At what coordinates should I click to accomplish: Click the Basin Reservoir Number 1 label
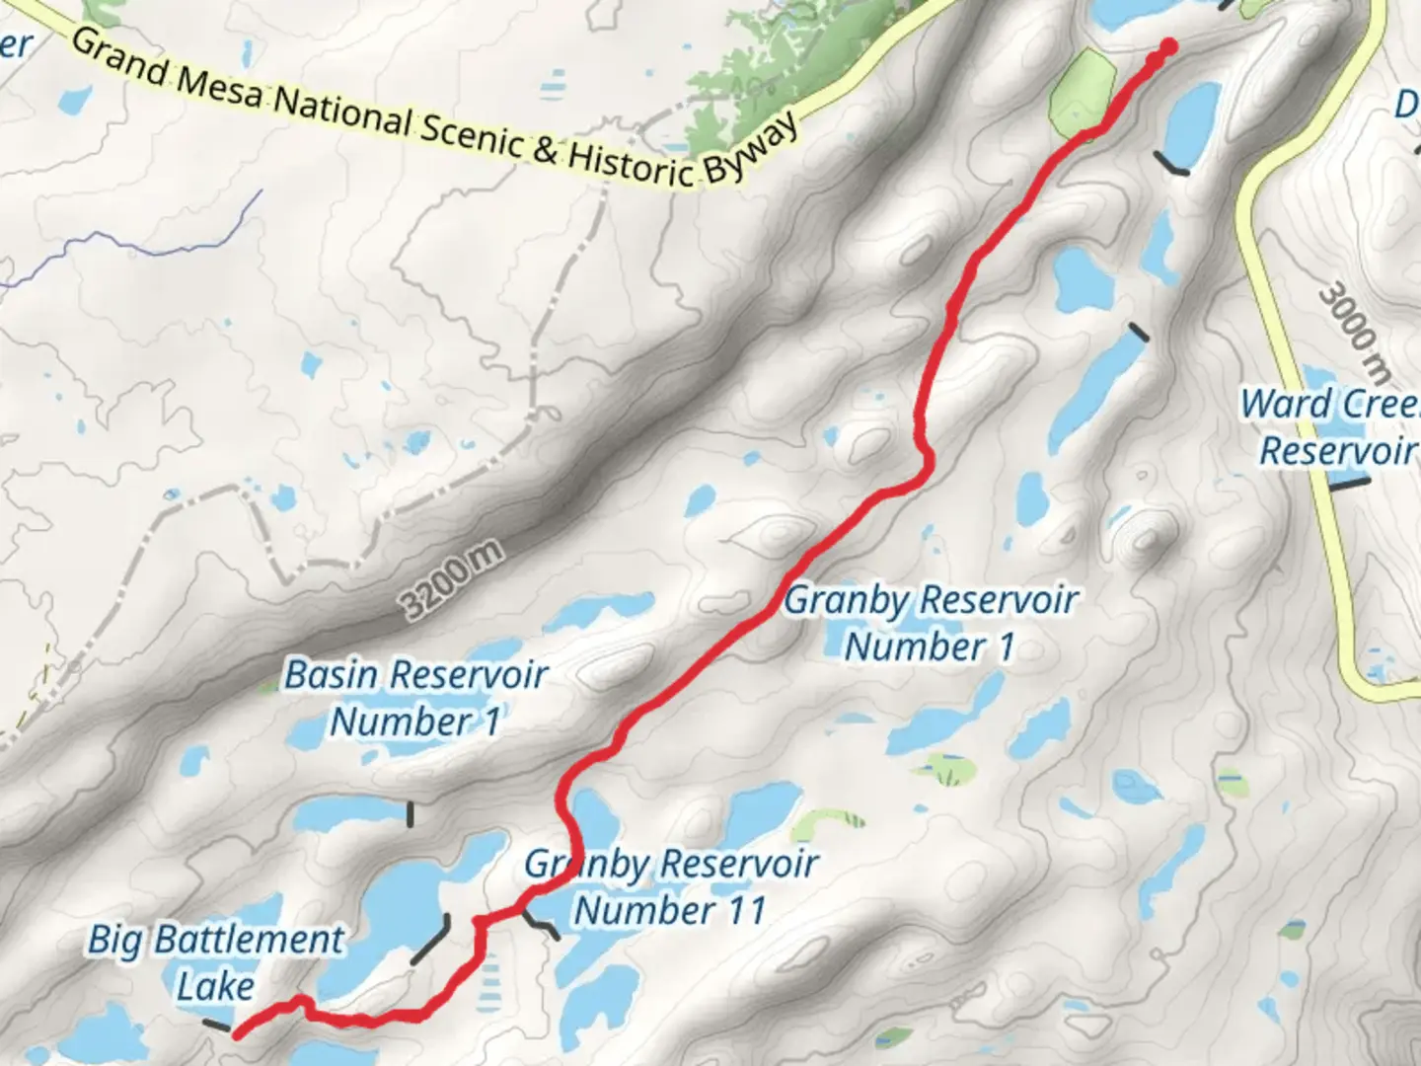coord(415,698)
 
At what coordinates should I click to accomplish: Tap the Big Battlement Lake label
coord(216,962)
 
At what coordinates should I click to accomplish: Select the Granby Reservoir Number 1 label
coord(931,623)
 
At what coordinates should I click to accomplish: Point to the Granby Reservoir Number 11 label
coord(671,886)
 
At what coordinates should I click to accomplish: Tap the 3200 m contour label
coord(453,581)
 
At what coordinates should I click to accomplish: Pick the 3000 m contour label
coord(1355,332)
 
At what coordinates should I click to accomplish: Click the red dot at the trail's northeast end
coord(1169,45)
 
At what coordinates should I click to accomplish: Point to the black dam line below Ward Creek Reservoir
coord(1350,484)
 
